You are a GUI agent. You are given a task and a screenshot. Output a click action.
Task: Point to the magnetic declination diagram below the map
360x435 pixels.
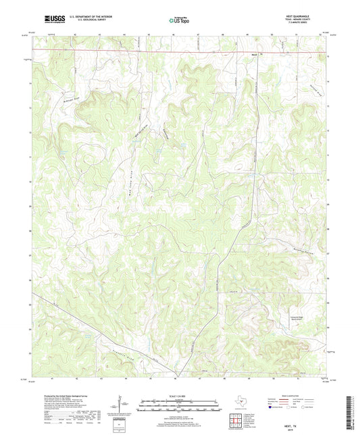[122, 405]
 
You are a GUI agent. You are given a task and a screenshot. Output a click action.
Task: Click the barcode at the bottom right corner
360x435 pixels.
[353, 412]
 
